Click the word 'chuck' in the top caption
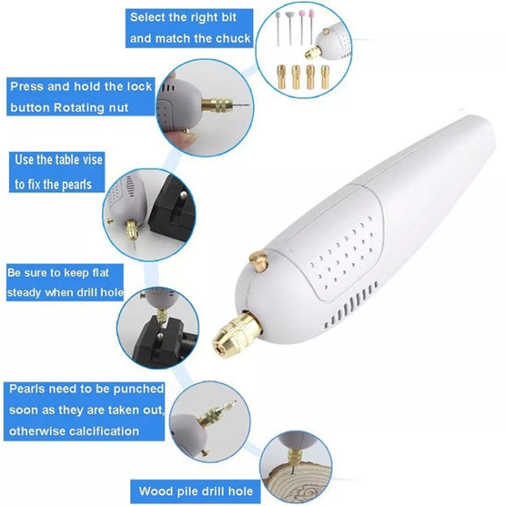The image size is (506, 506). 233,39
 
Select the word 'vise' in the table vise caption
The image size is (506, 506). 91,160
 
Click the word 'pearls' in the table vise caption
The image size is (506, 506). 76,184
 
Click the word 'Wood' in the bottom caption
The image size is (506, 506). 153,491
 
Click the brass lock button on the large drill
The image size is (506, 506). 258,260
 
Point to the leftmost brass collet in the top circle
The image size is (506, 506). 281,76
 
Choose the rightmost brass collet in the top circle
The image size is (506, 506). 325,76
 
